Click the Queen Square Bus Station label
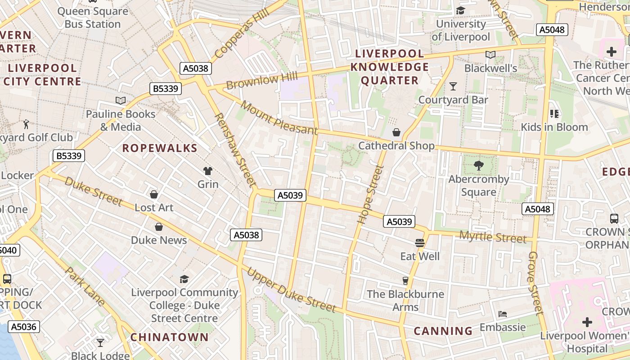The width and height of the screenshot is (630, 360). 93,18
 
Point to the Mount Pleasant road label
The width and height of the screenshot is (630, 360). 279,118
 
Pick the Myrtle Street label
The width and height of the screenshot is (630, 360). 492,237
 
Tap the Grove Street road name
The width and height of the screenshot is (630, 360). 535,283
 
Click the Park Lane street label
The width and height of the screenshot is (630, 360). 85,287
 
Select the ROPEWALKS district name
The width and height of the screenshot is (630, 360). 160,148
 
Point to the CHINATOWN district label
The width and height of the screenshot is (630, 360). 170,337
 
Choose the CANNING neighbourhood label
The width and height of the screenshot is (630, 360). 443,331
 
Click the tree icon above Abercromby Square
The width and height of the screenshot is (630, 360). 478,166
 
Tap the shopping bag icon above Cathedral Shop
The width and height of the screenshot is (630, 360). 396,132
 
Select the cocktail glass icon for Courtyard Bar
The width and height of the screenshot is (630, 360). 453,86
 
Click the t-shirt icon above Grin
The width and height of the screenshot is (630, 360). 208,171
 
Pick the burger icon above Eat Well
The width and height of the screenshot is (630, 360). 420,243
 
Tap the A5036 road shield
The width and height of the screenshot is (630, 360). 23,327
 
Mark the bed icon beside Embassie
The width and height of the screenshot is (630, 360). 503,314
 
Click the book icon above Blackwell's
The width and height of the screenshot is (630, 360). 490,55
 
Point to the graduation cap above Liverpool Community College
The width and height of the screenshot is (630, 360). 184,279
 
